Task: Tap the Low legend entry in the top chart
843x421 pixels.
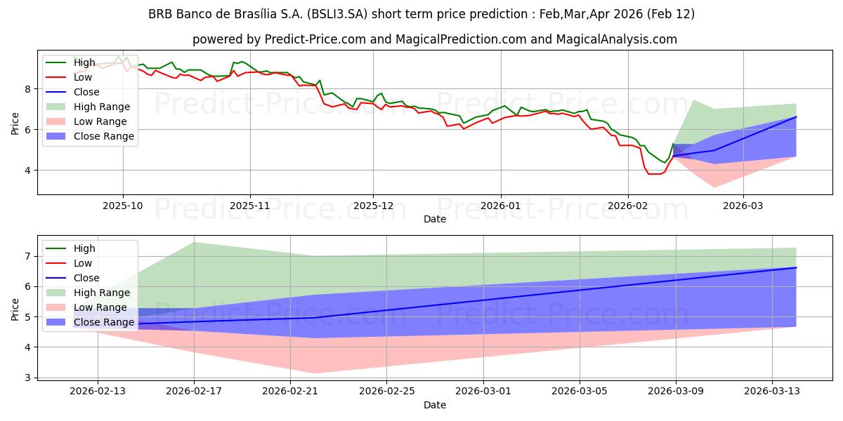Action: click(x=83, y=77)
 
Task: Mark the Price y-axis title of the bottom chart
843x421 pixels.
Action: click(x=15, y=309)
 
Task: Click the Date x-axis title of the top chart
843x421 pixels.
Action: click(x=434, y=220)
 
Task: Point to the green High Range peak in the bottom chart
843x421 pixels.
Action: click(x=194, y=242)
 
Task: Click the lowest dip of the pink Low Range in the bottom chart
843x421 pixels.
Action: click(x=314, y=373)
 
